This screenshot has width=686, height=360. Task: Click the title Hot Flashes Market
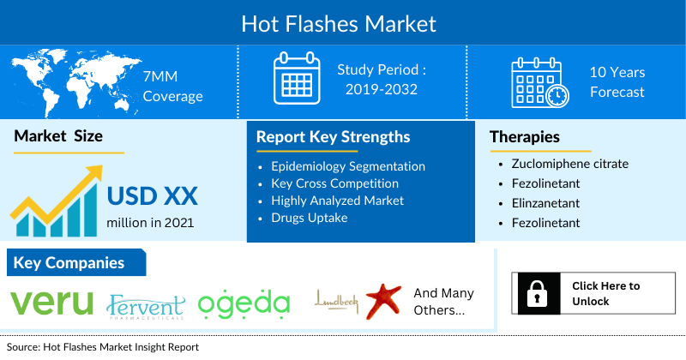pos(339,24)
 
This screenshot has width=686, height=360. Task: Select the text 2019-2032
pos(381,89)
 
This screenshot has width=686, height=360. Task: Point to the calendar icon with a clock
pos(540,82)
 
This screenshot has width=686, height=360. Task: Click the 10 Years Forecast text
pos(617,82)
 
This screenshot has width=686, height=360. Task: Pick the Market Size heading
pos(58,136)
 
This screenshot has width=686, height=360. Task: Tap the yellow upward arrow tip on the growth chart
pos(99,168)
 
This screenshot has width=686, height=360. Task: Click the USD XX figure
pos(153,195)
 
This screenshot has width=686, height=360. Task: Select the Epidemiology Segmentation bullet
pos(348,166)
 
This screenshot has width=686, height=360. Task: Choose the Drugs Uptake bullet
pos(310,218)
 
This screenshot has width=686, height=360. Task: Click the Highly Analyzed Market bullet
pos(337,201)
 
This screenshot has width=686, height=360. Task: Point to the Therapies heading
pos(525,137)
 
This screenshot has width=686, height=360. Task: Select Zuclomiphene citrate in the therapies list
pos(570,164)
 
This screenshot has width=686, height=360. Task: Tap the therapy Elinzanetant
pos(545,203)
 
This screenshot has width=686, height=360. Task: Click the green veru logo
pos(51,303)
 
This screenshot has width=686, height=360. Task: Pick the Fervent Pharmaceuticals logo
pos(146,306)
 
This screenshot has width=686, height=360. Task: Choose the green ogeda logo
pos(244,303)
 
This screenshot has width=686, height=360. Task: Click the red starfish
pos(383,301)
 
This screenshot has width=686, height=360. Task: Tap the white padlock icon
pos(537,293)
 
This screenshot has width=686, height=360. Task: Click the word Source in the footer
pos(23,347)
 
